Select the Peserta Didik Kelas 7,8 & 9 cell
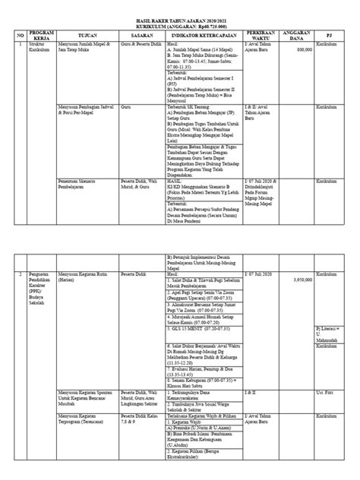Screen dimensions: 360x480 [140, 420]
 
